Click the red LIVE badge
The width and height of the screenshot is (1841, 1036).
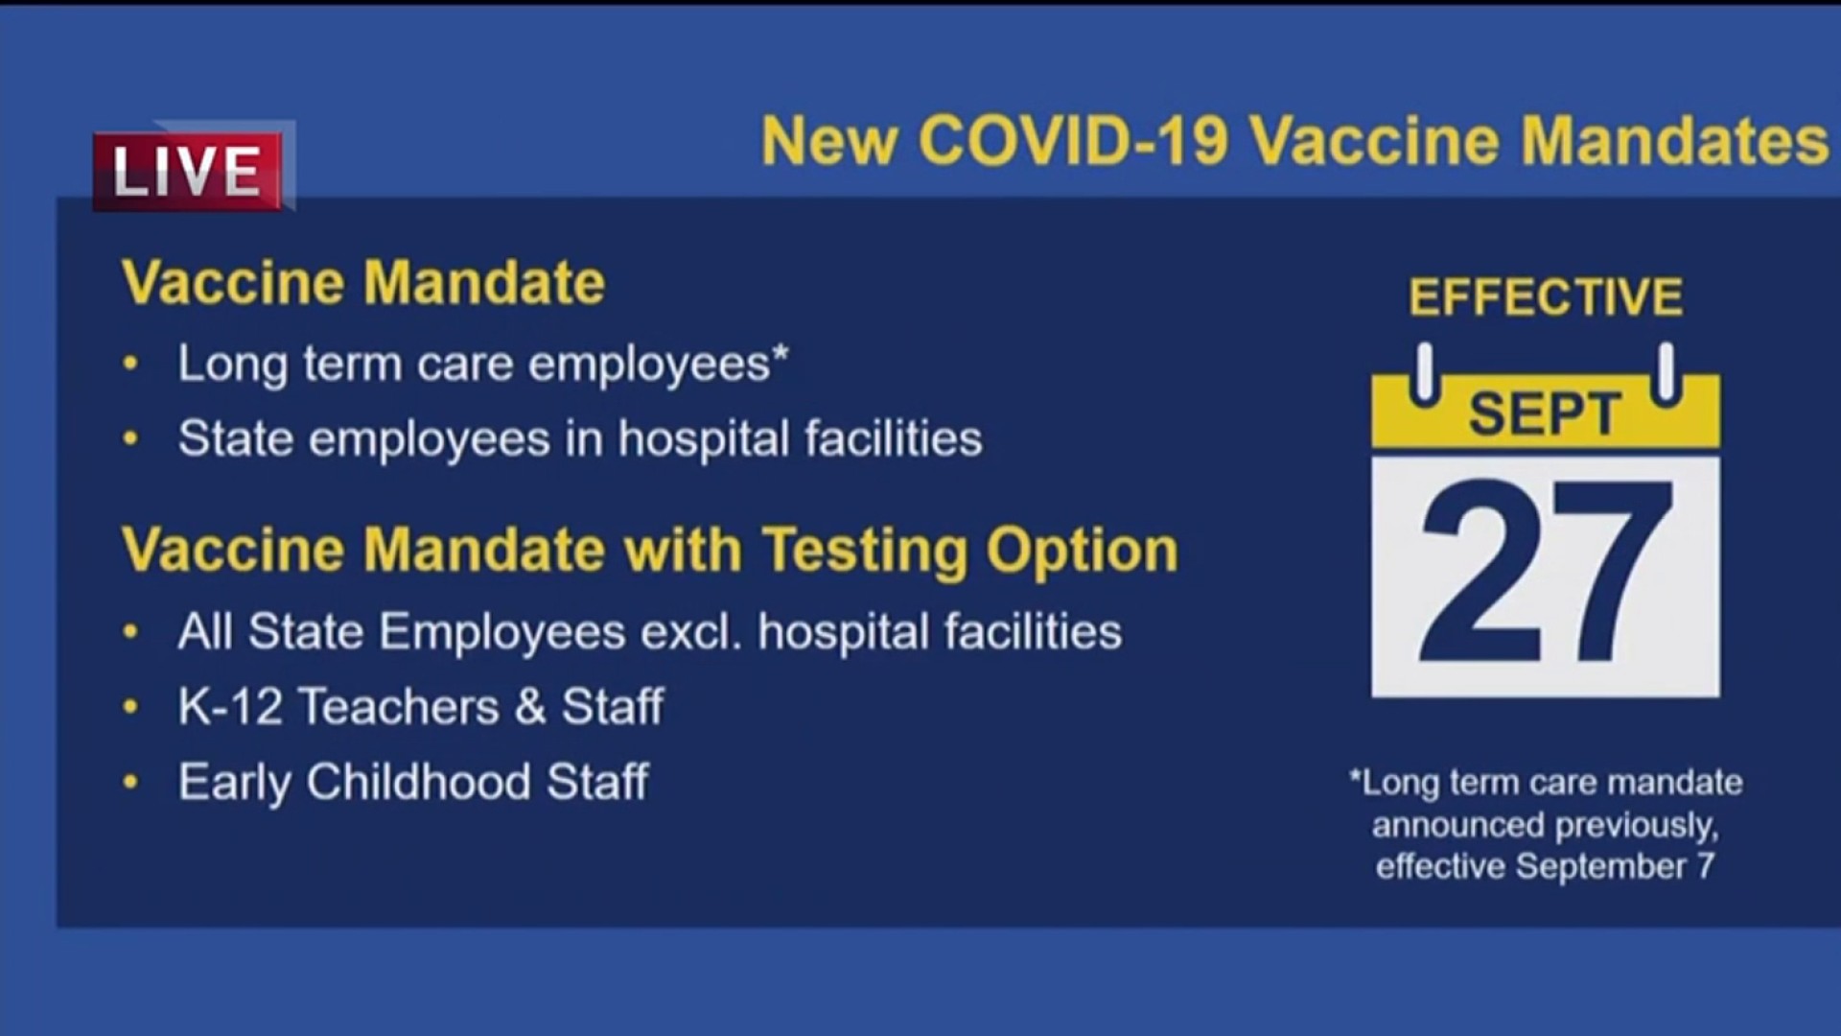pos(188,171)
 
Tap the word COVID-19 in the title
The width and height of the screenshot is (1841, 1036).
pos(1074,141)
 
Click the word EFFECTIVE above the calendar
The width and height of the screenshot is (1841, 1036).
pos(1546,297)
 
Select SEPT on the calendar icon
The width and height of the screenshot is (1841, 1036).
pos(1545,414)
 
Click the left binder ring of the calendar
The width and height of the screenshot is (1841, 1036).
pos(1425,373)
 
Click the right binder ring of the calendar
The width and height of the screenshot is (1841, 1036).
pos(1667,373)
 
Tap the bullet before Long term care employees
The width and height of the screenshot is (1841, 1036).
pos(131,365)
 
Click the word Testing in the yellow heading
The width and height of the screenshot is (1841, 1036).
pos(865,552)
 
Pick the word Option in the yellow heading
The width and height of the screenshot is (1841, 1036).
pos(1083,552)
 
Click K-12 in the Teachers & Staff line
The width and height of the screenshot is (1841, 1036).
pos(230,707)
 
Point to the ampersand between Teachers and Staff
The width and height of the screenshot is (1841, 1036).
pos(530,708)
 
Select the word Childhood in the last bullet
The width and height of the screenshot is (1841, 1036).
pos(419,782)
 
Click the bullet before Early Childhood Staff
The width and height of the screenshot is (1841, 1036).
pos(131,783)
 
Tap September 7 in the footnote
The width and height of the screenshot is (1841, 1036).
pos(1615,867)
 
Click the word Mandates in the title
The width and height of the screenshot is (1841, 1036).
pos(1675,141)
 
